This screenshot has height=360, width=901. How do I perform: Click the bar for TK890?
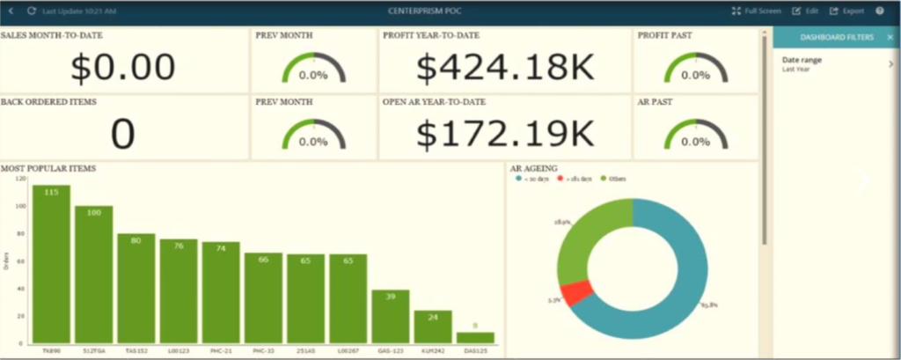coord(51,264)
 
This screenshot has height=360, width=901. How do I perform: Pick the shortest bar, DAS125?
coord(475,338)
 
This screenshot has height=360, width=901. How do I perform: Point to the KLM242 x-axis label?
coord(432,350)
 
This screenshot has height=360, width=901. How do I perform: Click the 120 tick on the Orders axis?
coord(21,179)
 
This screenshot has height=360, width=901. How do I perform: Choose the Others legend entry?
coord(614,179)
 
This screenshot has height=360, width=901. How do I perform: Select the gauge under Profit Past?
coord(695,69)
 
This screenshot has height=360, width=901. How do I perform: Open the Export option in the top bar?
coord(847,11)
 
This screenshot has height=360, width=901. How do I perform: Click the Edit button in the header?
coord(805,11)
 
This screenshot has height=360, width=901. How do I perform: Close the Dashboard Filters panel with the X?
coord(890,38)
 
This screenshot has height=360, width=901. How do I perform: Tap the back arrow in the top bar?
coord(11,11)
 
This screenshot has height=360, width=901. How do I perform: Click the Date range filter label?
coord(802,59)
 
